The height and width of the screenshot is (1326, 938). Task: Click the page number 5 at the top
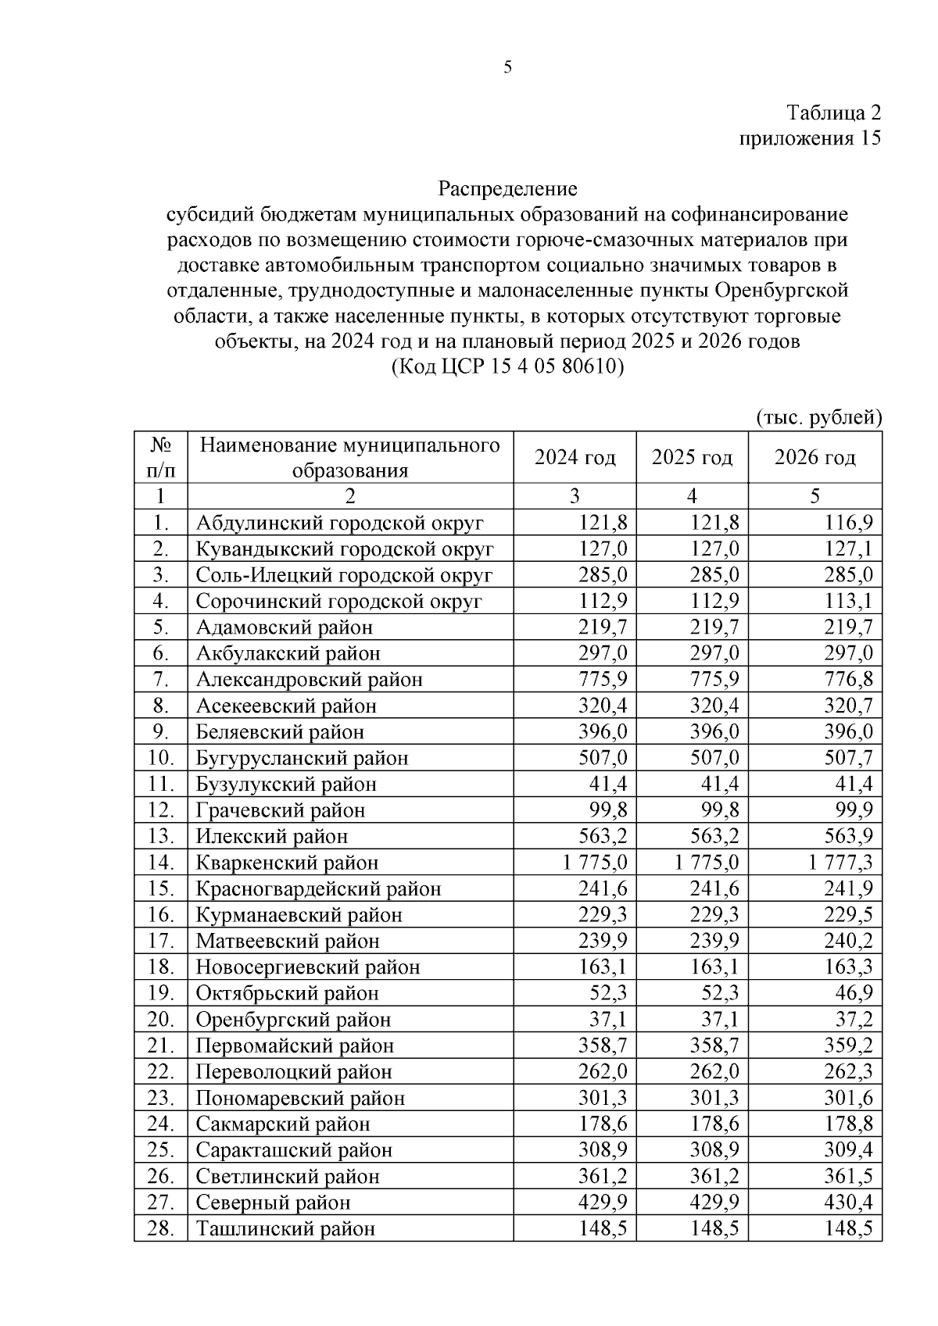click(x=507, y=68)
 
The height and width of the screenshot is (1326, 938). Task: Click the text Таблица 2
click(x=833, y=113)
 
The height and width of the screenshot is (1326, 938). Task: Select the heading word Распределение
click(x=507, y=189)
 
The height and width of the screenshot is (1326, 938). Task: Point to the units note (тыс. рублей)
click(x=818, y=417)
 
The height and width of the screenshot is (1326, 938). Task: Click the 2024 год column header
click(x=575, y=458)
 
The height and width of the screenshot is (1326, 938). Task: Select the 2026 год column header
click(x=814, y=458)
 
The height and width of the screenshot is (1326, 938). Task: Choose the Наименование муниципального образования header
click(x=349, y=458)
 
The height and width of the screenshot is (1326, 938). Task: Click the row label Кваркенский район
click(x=287, y=863)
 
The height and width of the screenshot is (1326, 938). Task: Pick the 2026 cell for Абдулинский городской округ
click(x=849, y=523)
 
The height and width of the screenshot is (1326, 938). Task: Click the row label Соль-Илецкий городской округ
click(x=344, y=575)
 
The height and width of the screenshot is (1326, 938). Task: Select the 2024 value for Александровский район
click(x=603, y=680)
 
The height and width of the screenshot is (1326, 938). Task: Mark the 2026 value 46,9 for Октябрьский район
click(x=854, y=993)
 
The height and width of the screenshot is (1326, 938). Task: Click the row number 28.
click(x=160, y=1228)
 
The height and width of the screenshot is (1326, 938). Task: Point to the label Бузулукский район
click(x=286, y=785)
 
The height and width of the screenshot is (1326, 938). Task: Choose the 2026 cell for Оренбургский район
click(x=854, y=1020)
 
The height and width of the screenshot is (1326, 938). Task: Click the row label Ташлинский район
click(x=285, y=1228)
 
